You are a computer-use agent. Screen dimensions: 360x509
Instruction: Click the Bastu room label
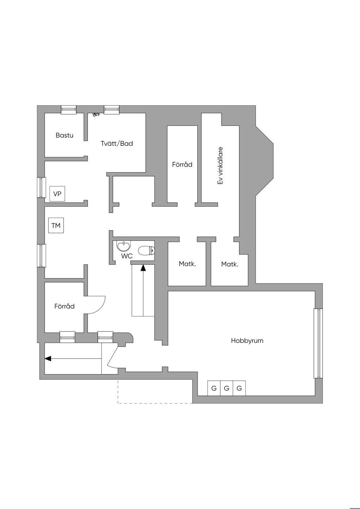pos(64,135)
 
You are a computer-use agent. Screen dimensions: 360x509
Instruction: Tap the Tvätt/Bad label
pos(117,143)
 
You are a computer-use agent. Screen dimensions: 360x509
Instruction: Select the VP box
pos(57,194)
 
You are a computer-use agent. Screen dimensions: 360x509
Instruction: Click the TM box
pos(56,226)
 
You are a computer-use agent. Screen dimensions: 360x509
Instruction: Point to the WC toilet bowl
pos(146,251)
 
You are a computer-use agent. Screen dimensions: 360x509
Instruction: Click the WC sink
pos(123,245)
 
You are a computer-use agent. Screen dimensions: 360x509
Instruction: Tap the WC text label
pos(127,256)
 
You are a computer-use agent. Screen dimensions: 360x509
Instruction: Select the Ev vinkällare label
pos(220,165)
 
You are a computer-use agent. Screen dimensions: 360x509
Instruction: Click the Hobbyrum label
pos(247,341)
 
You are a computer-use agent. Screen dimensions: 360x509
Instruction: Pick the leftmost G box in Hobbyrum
pos(214,388)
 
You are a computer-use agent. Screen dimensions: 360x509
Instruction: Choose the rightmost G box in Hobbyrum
pos(239,388)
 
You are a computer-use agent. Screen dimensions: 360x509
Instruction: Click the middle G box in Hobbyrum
pos(226,388)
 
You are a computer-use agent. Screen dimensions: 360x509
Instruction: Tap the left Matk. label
pos(187,264)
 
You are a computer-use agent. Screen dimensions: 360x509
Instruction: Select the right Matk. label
pos(230,264)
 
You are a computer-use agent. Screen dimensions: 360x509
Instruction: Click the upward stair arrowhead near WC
pos(143,268)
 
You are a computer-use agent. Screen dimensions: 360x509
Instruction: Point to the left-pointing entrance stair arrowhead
pos(48,359)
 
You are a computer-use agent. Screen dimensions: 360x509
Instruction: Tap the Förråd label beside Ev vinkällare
pos(182,164)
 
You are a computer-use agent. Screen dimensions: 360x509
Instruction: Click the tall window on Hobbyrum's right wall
pos(318,343)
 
